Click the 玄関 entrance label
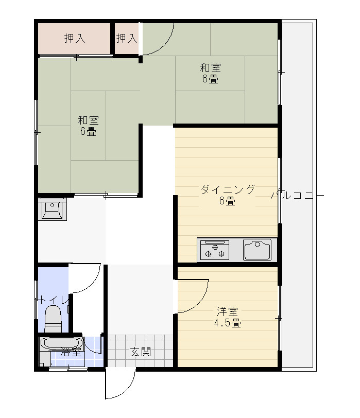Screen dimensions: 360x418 pos(141,352)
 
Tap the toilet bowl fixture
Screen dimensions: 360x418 pos(53,319)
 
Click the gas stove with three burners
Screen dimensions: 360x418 pos(215,250)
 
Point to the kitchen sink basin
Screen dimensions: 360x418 pos(257,250)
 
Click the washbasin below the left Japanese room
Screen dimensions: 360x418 pos(52,210)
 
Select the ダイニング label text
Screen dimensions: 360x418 pos(227,190)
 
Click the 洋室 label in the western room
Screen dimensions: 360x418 pos(227,311)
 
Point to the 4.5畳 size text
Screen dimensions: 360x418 pos(228,323)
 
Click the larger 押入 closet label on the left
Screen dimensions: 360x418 pos(75,39)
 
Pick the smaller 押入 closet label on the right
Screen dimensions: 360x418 pos(127,39)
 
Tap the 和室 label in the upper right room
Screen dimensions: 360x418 pos(211,68)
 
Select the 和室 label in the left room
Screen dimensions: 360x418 pos(88,120)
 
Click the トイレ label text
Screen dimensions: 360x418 pos(52,301)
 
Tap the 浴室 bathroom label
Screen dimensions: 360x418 pos(71,352)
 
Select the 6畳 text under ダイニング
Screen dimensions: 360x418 pos(227,201)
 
